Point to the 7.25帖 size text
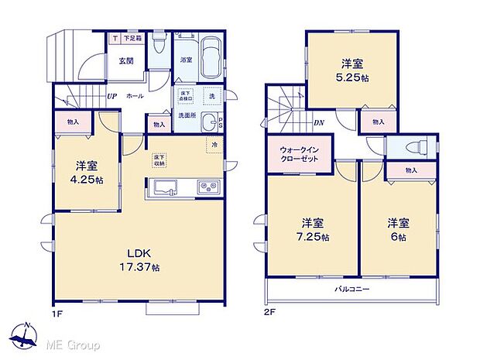[312, 236]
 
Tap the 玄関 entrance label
[126, 60]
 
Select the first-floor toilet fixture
[158, 40]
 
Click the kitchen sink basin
[167, 186]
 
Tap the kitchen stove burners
[208, 186]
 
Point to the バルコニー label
[351, 289]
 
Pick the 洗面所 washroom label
[188, 115]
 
